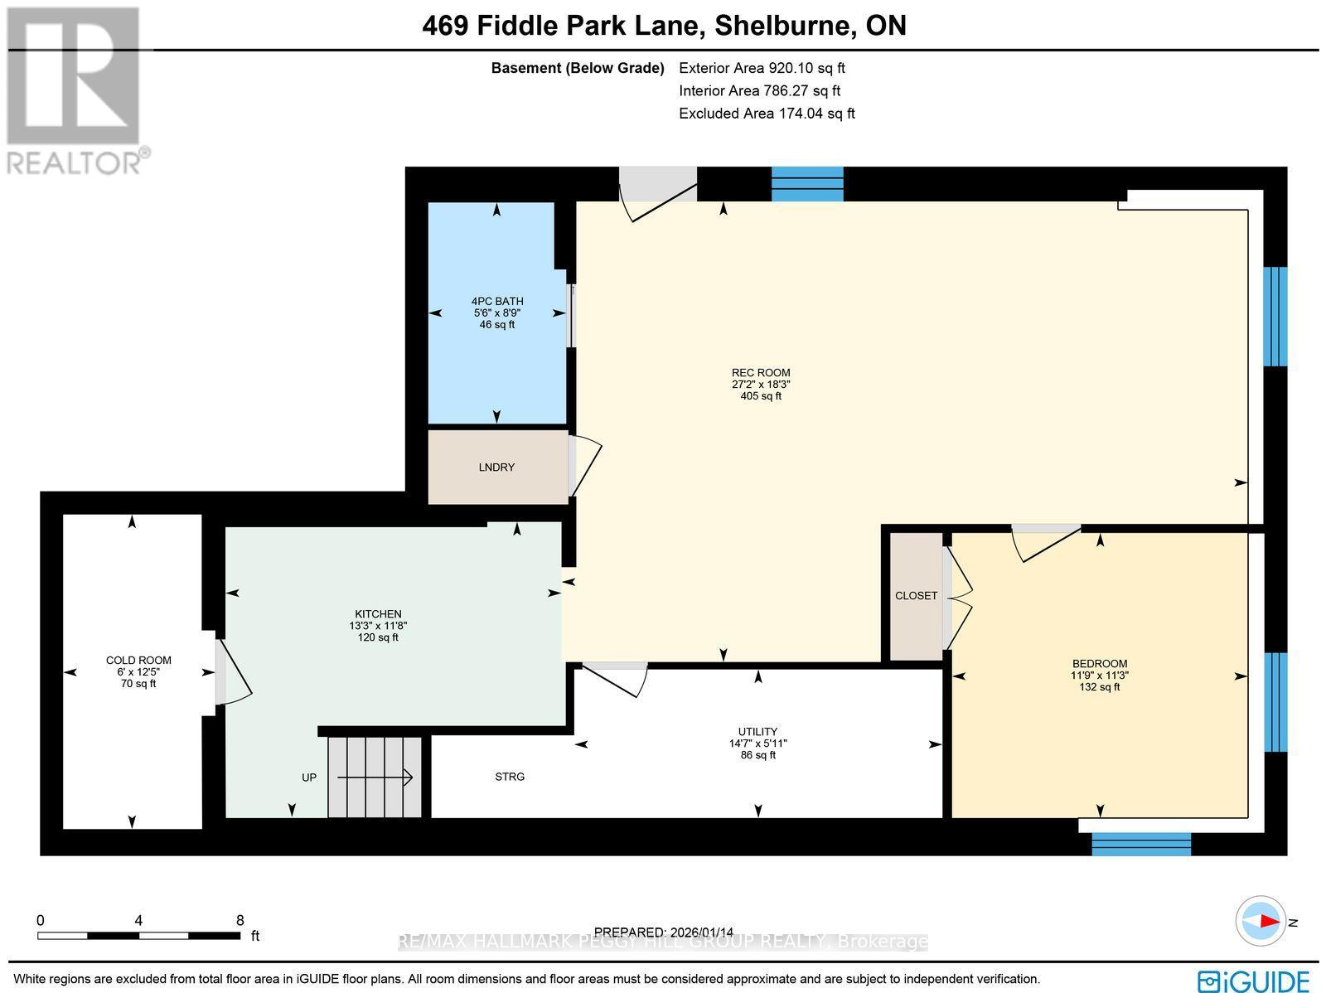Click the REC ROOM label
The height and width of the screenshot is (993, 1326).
point(761,373)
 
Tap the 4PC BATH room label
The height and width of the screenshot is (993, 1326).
point(497,302)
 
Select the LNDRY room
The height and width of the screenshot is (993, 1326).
point(496,467)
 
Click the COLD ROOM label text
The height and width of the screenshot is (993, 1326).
point(138,661)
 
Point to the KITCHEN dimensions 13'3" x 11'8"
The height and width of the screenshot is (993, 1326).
point(378,626)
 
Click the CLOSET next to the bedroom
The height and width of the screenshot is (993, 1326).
point(916,596)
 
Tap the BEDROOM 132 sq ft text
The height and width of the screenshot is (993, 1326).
point(1099,687)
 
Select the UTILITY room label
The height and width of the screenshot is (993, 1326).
point(757,732)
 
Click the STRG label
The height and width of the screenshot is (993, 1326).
point(510,777)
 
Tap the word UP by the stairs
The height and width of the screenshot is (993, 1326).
point(309,777)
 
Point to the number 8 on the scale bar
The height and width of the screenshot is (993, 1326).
point(240,920)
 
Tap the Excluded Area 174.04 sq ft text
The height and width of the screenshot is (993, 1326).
point(767,114)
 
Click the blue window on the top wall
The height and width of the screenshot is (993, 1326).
point(807,184)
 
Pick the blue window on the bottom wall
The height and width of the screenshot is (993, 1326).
point(1141,845)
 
